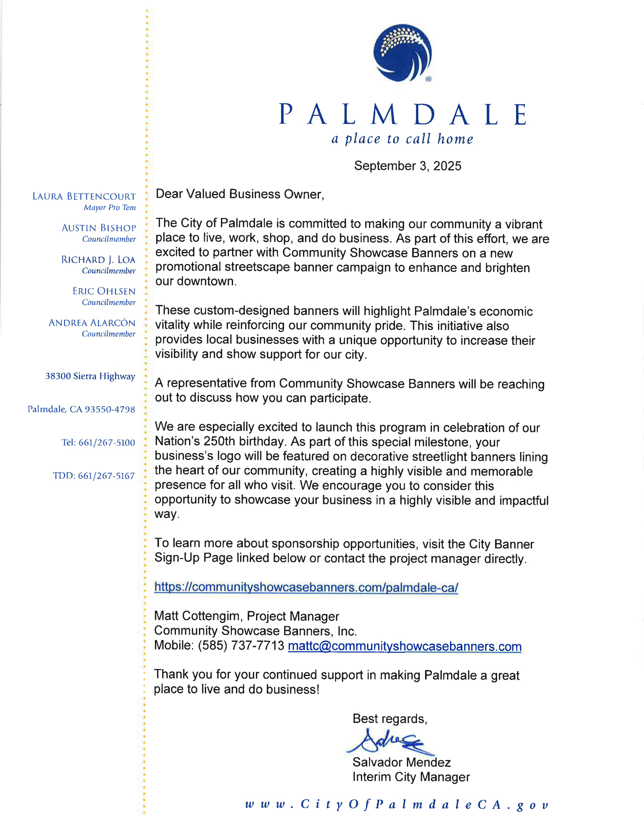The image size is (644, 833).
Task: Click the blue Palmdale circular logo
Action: point(402,53)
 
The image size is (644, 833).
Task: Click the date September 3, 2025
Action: point(408,166)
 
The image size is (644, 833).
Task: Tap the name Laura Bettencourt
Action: point(84,197)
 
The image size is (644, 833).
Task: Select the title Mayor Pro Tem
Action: point(109,207)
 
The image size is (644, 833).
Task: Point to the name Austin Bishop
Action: point(98,228)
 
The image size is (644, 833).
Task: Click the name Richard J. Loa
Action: point(98,260)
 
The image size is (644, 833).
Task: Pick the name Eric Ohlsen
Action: point(104,292)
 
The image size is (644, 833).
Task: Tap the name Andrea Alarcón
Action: point(92,323)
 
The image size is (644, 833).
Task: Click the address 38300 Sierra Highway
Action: point(90,376)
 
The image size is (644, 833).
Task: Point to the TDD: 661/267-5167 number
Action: point(94,476)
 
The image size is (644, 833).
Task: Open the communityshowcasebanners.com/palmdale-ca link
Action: point(306,587)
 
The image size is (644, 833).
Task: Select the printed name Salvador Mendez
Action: point(401,763)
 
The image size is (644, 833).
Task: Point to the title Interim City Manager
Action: point(411,777)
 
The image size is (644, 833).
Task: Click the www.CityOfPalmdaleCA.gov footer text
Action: point(396,805)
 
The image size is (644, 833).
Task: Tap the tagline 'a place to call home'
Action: point(402,139)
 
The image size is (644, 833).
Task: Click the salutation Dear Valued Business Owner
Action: point(239,194)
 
